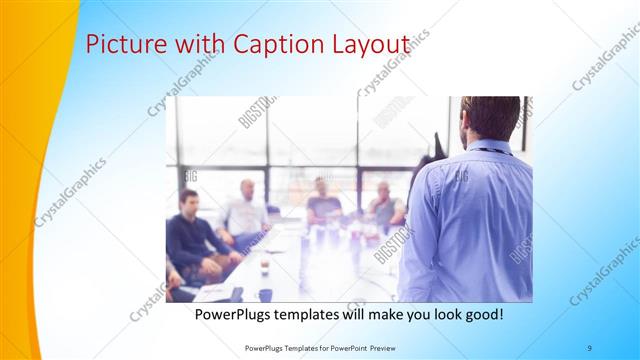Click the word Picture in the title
[x=118, y=45]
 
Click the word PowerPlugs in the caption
[x=236, y=314]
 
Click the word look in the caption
[x=436, y=314]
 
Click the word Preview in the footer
[x=379, y=346]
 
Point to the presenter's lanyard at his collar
[x=487, y=150]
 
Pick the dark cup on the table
[x=265, y=295]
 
